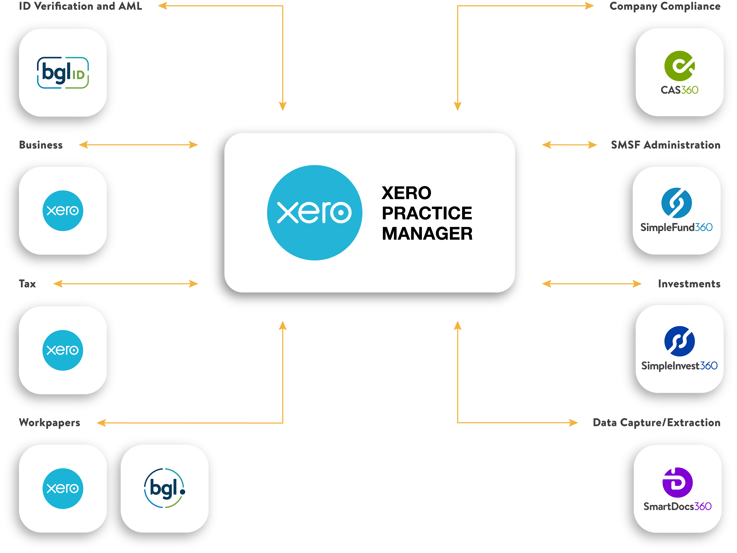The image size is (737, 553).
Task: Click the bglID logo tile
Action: coord(63,73)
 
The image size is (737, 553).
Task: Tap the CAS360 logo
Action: coord(679,72)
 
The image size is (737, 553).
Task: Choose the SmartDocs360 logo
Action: coord(677,489)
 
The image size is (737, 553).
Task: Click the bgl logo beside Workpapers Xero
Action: coord(165,488)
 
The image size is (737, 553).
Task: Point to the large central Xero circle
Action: coord(315,213)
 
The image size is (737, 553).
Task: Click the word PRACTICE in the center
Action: coord(427,213)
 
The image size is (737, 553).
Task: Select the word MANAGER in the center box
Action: coord(427,234)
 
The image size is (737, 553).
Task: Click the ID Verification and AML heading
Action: coord(80,6)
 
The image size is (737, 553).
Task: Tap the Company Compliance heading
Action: coord(665,6)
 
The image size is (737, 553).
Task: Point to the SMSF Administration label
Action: coord(665,145)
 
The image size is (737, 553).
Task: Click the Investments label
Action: coord(689,284)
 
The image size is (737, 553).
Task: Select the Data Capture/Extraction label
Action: coord(656,422)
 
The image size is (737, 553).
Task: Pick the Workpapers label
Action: coord(50,422)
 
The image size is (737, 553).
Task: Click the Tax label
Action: coord(27,284)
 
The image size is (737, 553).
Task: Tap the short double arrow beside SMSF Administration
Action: coord(569,145)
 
